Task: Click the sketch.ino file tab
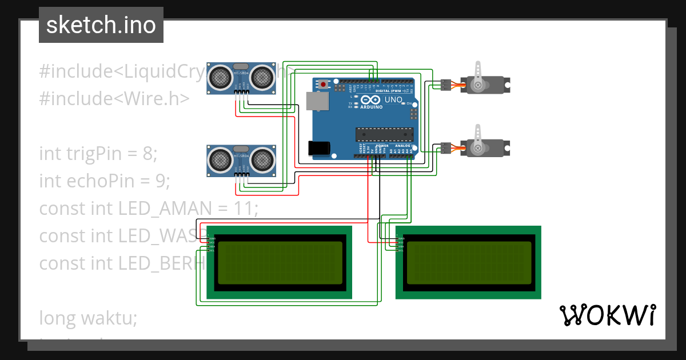coord(101,25)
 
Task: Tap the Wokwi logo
coord(607,315)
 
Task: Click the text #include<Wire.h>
coord(114,98)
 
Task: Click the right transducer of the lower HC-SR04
coord(262,158)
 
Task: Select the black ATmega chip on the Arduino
coord(384,134)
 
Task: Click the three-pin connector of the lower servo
coord(445,148)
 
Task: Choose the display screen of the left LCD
coord(280,263)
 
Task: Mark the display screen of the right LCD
coord(468,263)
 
